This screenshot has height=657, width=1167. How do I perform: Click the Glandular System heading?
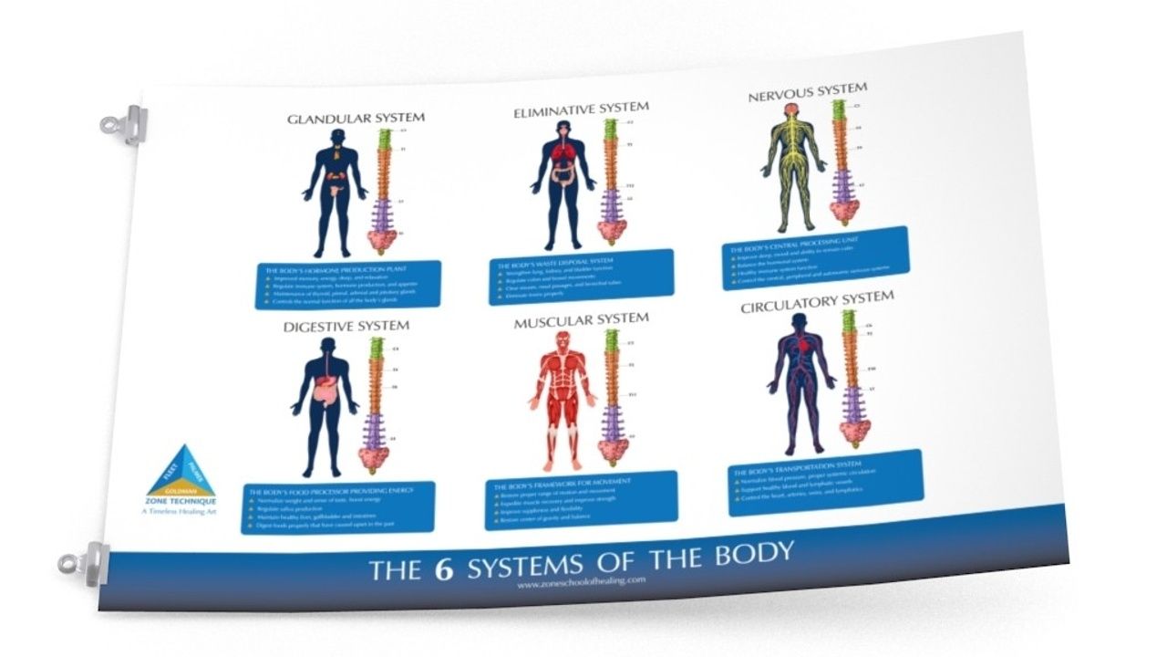click(x=356, y=119)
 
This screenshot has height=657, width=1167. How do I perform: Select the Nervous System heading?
click(x=807, y=91)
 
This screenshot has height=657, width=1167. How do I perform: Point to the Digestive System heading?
click(x=346, y=326)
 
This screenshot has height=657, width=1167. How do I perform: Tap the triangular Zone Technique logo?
click(x=181, y=472)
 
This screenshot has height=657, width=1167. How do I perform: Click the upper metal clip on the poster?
click(x=125, y=122)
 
